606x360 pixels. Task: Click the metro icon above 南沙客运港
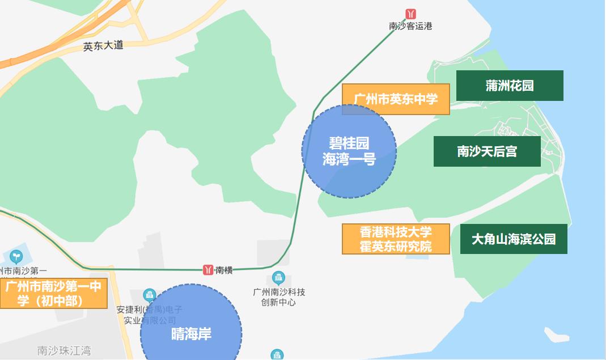tap(410, 14)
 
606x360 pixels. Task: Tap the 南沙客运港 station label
tap(410, 26)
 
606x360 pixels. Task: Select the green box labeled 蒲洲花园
tap(510, 86)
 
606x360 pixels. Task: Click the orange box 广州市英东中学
tap(396, 99)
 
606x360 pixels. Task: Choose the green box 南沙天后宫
tap(487, 151)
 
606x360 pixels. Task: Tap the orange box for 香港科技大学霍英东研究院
tap(396, 239)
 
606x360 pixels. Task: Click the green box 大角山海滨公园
tap(514, 239)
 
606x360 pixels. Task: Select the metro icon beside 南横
tap(209, 270)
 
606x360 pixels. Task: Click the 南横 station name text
tap(224, 270)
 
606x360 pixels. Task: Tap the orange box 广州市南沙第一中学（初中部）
tap(53, 294)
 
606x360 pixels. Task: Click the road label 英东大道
tap(103, 46)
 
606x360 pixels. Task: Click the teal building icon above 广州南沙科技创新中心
tap(278, 278)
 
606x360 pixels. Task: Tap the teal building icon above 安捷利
tap(149, 295)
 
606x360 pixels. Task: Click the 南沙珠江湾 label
tap(63, 351)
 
